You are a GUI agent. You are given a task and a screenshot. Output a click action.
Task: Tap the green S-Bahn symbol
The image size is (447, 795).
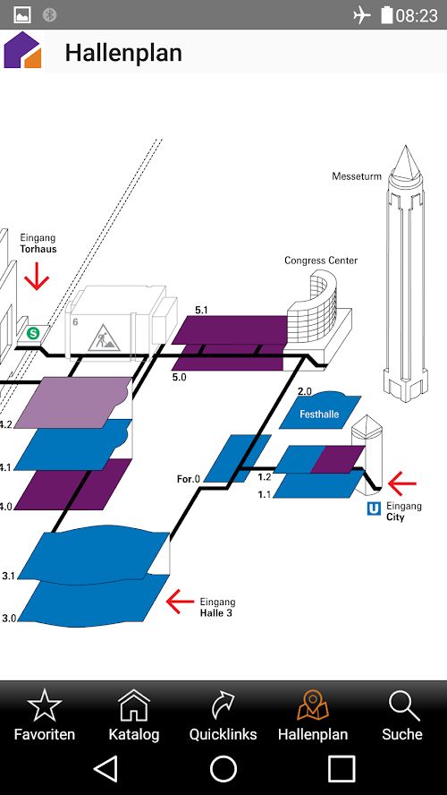point(33,333)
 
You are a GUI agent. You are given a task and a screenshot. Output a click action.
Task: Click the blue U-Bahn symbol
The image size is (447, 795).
point(374,509)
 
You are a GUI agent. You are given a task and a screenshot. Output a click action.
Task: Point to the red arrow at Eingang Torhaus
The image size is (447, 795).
point(37,277)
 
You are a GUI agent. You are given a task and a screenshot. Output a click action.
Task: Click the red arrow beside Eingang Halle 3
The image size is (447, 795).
point(180,602)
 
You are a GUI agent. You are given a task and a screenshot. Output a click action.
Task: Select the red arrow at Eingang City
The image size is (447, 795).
point(402,483)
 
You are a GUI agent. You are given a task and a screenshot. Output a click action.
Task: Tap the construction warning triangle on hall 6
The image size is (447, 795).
point(104,338)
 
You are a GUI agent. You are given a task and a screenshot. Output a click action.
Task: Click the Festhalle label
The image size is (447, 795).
point(319,415)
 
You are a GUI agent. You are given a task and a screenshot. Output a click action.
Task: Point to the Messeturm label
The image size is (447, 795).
point(357,176)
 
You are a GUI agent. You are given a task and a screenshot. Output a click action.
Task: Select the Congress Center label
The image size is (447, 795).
point(321,261)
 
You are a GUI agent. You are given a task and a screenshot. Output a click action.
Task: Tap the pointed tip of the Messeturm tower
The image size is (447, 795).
point(405,147)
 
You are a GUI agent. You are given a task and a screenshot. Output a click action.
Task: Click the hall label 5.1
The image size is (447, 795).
point(201,310)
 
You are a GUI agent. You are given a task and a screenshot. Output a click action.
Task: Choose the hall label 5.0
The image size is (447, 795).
point(179,377)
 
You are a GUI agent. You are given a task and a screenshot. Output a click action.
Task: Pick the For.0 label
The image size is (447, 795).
point(189,479)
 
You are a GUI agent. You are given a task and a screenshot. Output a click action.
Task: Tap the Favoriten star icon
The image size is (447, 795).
point(45,705)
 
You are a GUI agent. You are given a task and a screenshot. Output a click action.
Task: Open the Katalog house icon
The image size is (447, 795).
point(134,705)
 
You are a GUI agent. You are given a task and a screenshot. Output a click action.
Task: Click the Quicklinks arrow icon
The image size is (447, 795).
point(223,705)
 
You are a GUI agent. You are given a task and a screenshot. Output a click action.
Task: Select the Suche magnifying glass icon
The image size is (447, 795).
point(403,705)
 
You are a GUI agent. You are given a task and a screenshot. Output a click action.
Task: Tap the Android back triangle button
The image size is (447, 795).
point(105,769)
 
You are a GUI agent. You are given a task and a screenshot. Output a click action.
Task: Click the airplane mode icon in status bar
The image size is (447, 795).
point(362,15)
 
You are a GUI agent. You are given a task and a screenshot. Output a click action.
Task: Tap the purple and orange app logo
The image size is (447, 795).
point(22,50)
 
